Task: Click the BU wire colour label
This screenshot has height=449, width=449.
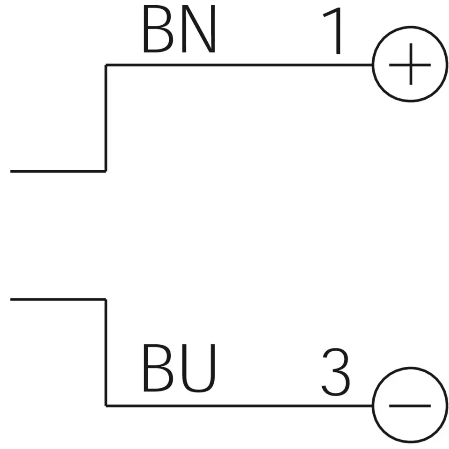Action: coord(180,368)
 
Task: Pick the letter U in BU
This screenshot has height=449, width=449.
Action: coord(200,369)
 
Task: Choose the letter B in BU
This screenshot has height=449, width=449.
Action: coord(157,368)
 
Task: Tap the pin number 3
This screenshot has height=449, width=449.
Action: coord(336,373)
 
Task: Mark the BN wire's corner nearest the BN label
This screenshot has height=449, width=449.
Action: coord(106,65)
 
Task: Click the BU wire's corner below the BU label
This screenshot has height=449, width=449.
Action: coord(106,406)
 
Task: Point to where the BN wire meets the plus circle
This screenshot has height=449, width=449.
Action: coord(373,65)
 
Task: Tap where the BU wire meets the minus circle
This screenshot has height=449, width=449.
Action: coord(373,406)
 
